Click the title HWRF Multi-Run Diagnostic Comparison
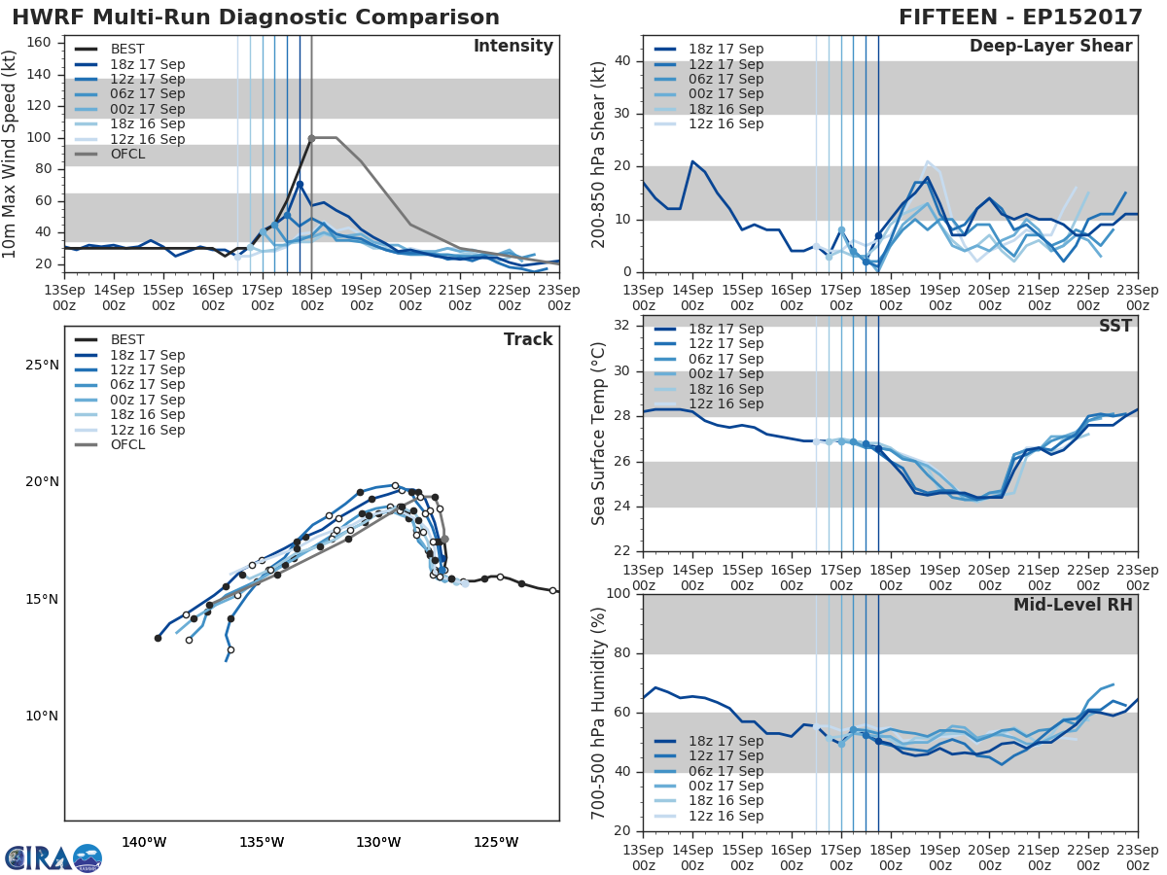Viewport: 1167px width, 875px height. point(256,17)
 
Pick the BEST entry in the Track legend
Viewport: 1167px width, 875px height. point(127,339)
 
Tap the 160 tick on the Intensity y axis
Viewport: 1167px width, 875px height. point(43,43)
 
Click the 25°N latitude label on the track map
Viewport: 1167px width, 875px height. point(42,365)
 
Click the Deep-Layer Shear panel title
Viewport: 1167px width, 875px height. point(1050,47)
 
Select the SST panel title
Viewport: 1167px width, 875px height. point(1114,326)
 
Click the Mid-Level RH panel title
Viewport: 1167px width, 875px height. point(1073,605)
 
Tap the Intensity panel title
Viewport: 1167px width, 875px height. point(513,47)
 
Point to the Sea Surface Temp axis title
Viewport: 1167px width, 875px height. point(599,433)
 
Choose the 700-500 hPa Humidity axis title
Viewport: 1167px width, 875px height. point(599,713)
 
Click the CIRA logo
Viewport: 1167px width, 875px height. point(53,857)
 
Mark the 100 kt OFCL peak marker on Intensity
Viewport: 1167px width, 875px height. point(311,138)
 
